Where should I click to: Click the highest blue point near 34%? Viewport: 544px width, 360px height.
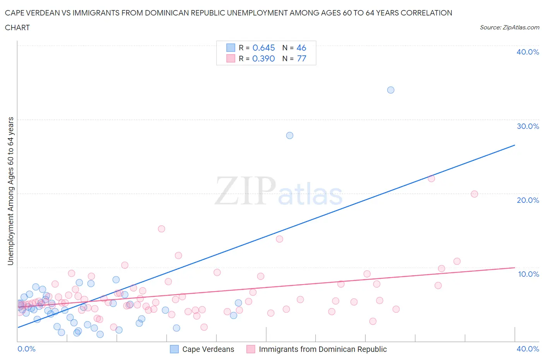click(391, 90)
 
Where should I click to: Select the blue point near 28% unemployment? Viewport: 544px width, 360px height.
click(289, 135)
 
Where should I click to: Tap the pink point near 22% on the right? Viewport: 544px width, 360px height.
click(431, 178)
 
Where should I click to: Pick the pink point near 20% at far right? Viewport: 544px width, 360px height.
click(474, 194)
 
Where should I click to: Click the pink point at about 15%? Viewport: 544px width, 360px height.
click(161, 229)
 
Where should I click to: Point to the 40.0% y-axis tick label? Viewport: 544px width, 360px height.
click(527, 52)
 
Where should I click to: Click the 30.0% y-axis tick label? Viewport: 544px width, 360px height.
click(527, 126)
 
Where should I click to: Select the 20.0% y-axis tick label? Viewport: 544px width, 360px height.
click(527, 200)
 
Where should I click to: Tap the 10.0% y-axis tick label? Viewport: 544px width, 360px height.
click(528, 274)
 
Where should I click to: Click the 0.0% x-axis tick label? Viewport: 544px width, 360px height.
click(26, 349)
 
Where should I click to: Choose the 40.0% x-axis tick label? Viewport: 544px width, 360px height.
click(527, 349)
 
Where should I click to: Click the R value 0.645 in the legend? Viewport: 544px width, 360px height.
click(263, 48)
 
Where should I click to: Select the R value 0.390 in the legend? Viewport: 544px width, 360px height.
click(263, 58)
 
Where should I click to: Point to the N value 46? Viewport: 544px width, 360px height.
click(301, 48)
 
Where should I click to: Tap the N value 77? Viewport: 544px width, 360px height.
click(301, 58)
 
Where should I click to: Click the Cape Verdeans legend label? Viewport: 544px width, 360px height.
click(208, 349)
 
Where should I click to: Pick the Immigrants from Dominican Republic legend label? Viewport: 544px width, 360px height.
click(322, 349)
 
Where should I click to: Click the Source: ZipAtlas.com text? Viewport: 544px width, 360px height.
click(509, 27)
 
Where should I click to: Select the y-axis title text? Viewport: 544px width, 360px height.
click(10, 191)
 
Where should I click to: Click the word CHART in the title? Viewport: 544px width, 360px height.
click(17, 27)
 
